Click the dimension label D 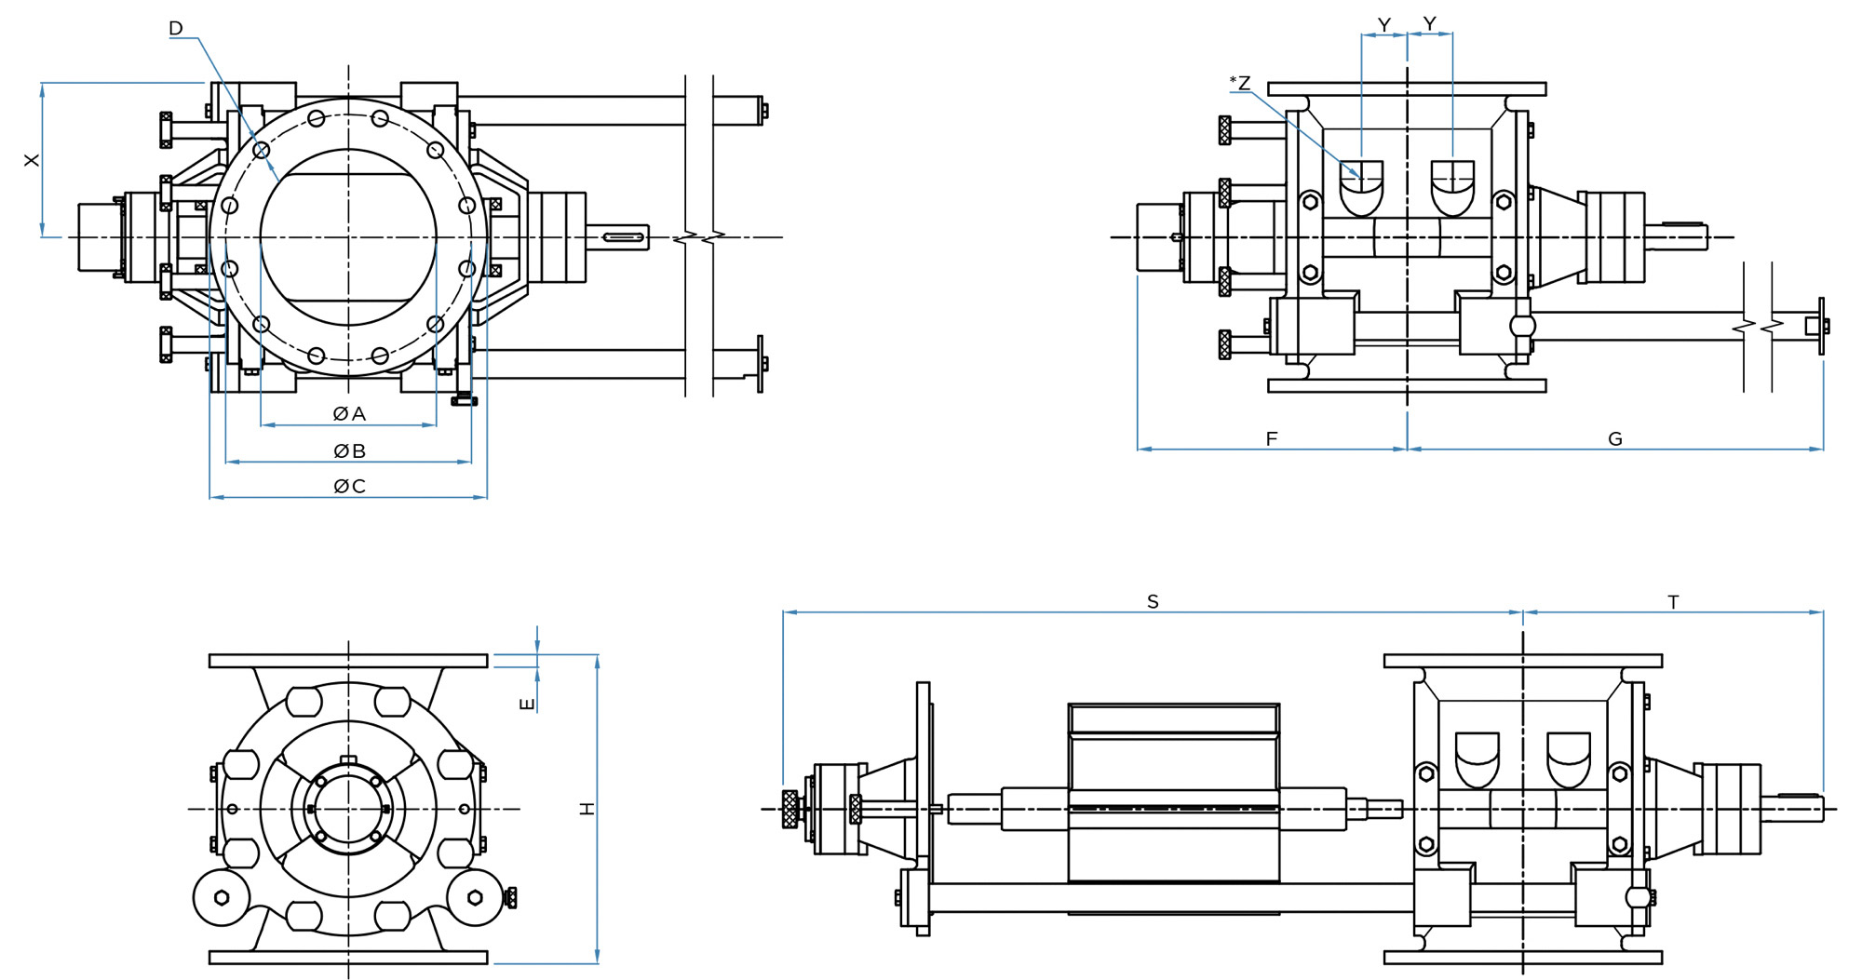[176, 29]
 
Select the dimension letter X [33, 160]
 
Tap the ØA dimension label [349, 413]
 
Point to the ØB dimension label [349, 451]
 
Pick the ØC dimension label [349, 486]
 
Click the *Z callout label [1240, 83]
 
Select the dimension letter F [1272, 438]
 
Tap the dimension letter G [1615, 438]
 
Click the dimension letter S [1153, 602]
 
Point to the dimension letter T [1673, 602]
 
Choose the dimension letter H [587, 809]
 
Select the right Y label [1430, 23]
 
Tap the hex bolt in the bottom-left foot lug [222, 897]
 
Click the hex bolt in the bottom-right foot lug [475, 897]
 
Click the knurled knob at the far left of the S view [790, 808]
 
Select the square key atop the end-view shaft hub [348, 760]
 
